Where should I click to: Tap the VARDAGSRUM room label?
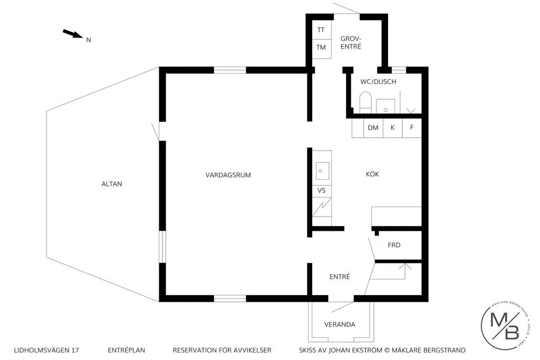228,175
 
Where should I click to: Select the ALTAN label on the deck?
112,184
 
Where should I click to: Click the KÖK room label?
373,174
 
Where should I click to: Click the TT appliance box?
321,30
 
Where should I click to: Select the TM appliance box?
321,47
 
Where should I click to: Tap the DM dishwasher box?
373,128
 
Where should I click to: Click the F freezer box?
412,128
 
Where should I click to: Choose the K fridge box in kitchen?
392,128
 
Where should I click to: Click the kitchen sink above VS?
322,171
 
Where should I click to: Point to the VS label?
321,190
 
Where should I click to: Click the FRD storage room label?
394,245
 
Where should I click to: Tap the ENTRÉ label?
340,277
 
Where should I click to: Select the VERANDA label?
340,324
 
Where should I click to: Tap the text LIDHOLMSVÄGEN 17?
47,350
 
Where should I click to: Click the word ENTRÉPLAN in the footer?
126,350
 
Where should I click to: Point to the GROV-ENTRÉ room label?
351,42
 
